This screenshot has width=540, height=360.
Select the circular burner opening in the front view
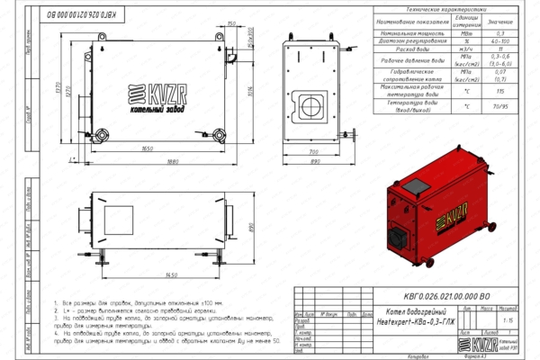tap(313, 102)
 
